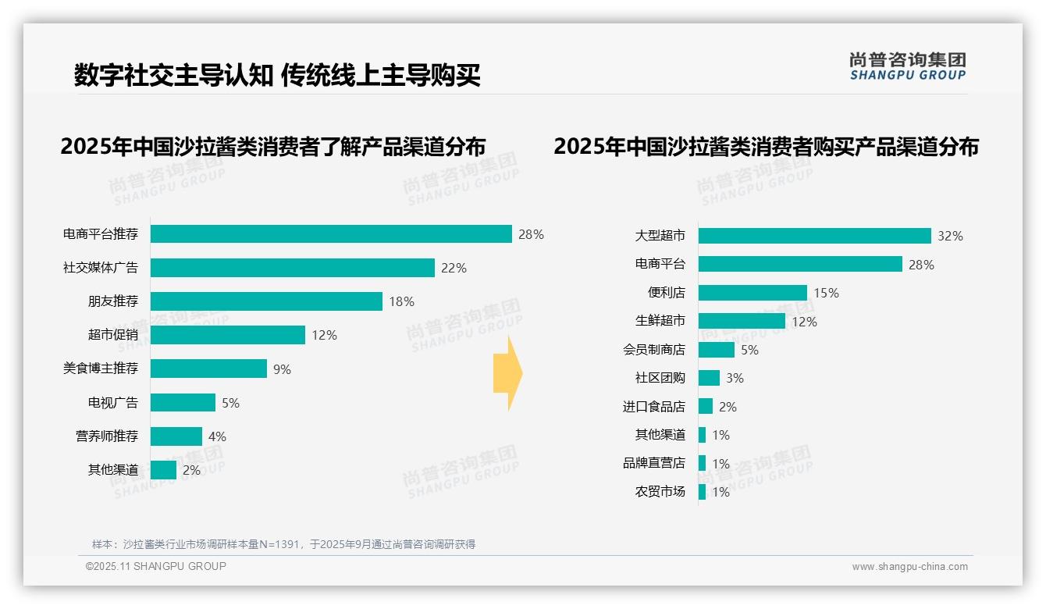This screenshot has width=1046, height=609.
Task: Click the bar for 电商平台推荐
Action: pyautogui.click(x=331, y=234)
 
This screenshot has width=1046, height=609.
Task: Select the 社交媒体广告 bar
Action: pyautogui.click(x=292, y=268)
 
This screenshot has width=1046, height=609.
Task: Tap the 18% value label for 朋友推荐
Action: pyautogui.click(x=401, y=301)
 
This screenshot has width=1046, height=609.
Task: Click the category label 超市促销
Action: pyautogui.click(x=112, y=335)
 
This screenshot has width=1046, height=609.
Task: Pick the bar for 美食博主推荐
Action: pyautogui.click(x=208, y=369)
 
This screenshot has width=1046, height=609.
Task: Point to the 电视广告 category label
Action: pyautogui.click(x=112, y=403)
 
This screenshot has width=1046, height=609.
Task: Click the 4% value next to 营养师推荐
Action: pyautogui.click(x=217, y=436)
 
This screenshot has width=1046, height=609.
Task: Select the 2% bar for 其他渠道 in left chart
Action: pyautogui.click(x=163, y=470)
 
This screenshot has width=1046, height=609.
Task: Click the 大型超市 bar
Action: pyautogui.click(x=814, y=236)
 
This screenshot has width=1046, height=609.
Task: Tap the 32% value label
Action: pyautogui.click(x=950, y=236)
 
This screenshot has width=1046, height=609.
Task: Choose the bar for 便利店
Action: pyautogui.click(x=752, y=293)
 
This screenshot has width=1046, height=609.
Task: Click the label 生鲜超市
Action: pyautogui.click(x=660, y=321)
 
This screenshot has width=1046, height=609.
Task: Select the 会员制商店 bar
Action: pyautogui.click(x=716, y=350)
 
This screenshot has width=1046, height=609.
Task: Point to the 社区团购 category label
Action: pyautogui.click(x=660, y=378)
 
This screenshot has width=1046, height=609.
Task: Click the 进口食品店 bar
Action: pyautogui.click(x=705, y=407)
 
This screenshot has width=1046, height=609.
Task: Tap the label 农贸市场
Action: pyautogui.click(x=660, y=492)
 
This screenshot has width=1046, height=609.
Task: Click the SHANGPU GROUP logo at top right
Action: pyautogui.click(x=907, y=66)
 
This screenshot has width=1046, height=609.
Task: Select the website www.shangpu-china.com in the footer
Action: pyautogui.click(x=909, y=567)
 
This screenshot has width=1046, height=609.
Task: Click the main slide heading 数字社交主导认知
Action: pyautogui.click(x=173, y=75)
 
